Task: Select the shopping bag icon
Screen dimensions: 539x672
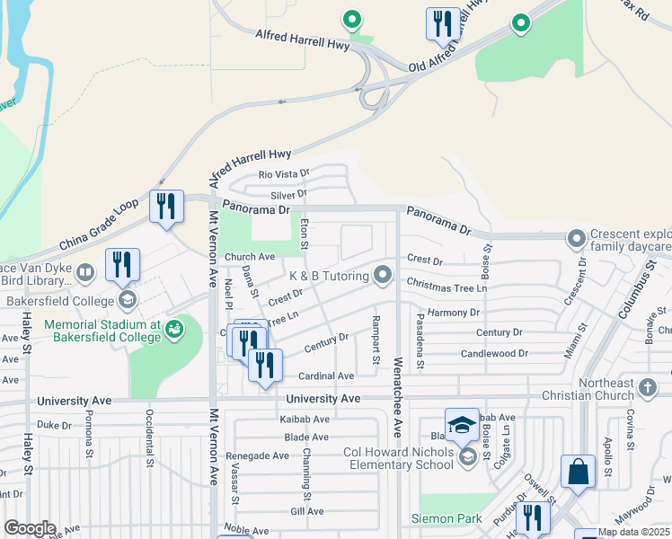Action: (x=578, y=473)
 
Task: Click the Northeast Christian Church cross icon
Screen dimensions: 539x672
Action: (x=649, y=384)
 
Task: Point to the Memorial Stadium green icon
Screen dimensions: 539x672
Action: (x=173, y=330)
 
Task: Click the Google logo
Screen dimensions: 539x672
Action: (x=31, y=528)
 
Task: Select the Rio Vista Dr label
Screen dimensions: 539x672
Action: (x=284, y=174)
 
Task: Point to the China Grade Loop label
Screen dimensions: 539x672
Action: (x=99, y=225)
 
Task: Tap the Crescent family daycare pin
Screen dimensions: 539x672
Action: (x=576, y=239)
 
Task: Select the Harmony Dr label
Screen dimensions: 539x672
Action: (x=454, y=313)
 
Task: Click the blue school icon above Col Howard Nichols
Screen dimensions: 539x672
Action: (x=462, y=425)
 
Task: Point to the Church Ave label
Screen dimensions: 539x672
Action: (x=249, y=256)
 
